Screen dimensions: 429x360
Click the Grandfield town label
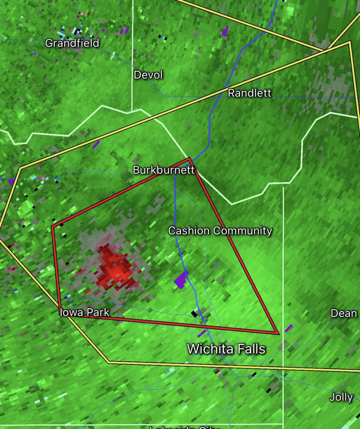tap(72, 43)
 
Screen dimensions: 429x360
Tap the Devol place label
tap(148, 75)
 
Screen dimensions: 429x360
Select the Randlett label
tap(250, 93)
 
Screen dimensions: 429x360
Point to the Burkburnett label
tap(164, 170)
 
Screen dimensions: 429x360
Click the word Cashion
tap(189, 231)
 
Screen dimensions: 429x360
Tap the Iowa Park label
tap(85, 312)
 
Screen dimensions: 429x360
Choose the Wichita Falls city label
tap(226, 348)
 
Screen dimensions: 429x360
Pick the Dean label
tap(344, 314)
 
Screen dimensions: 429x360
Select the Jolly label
tap(341, 397)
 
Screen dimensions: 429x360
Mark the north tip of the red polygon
tap(189, 158)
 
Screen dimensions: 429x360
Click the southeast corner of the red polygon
tap(278, 333)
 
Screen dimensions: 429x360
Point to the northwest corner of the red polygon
tap(52, 226)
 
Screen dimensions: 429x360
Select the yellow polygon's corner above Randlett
tap(349, 42)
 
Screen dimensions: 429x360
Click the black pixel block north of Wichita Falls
tap(194, 314)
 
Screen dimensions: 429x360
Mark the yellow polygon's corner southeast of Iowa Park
tap(109, 362)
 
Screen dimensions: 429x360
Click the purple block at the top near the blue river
tap(225, 31)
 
